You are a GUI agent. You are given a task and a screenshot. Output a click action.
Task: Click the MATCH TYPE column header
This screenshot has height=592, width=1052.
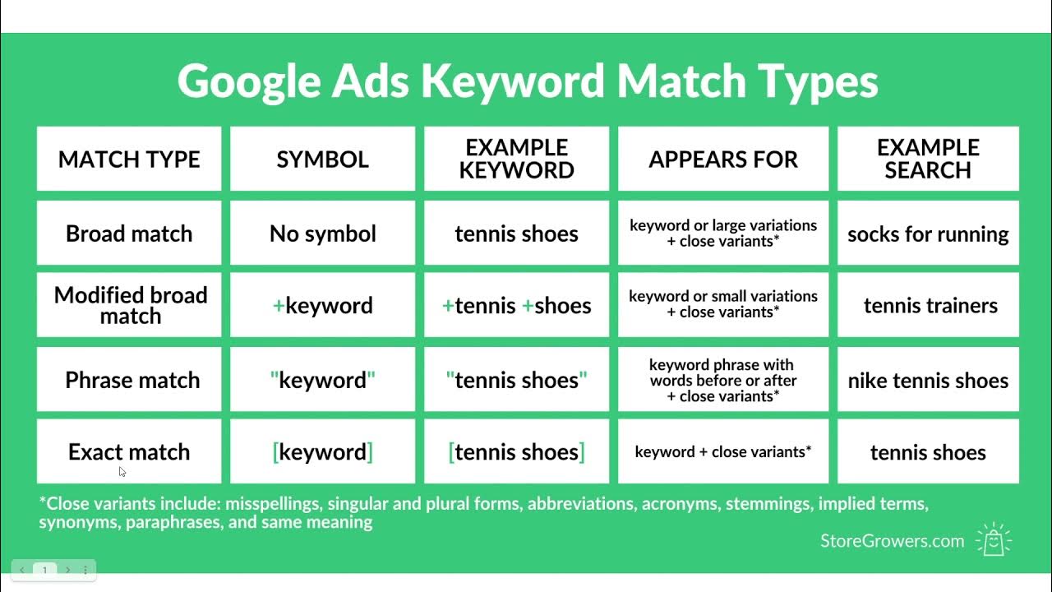pyautogui.click(x=129, y=159)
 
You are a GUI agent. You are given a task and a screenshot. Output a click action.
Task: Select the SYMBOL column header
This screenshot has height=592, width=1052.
pyautogui.click(x=322, y=159)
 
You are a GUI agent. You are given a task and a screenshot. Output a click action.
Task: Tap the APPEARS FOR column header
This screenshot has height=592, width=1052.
pyautogui.click(x=723, y=159)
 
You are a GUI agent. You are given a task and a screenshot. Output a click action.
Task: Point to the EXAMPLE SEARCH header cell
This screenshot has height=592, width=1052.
pyautogui.click(x=928, y=159)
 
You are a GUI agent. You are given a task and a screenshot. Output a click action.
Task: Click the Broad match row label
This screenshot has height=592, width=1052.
pyautogui.click(x=129, y=234)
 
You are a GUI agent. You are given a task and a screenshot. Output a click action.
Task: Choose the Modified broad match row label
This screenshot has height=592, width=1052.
pyautogui.click(x=130, y=305)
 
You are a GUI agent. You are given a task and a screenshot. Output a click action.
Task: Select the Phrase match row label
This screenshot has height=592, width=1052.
pyautogui.click(x=131, y=380)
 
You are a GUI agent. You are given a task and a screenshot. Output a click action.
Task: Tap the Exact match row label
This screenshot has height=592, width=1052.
pyautogui.click(x=129, y=451)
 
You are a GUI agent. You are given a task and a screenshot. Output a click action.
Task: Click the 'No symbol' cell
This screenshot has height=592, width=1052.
pyautogui.click(x=322, y=234)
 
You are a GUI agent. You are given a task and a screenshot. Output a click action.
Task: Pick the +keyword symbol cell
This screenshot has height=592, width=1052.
pyautogui.click(x=322, y=305)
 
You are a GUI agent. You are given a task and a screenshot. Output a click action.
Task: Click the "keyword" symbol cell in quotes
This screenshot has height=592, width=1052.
pyautogui.click(x=322, y=380)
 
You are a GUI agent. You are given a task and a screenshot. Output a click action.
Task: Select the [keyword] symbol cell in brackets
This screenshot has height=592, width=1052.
pyautogui.click(x=322, y=451)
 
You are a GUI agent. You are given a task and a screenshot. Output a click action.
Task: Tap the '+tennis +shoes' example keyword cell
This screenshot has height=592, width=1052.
pyautogui.click(x=516, y=305)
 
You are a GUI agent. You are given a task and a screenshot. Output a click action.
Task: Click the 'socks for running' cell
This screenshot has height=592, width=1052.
pyautogui.click(x=928, y=234)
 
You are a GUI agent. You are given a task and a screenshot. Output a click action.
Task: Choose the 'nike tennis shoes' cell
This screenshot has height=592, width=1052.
pyautogui.click(x=928, y=380)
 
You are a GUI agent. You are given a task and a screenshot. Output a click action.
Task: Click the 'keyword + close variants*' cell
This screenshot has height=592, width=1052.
pyautogui.click(x=723, y=451)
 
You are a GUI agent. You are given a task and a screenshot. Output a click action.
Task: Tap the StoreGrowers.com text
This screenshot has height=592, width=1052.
pyautogui.click(x=892, y=540)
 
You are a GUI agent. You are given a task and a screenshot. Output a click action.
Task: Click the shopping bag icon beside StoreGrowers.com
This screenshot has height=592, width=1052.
pyautogui.click(x=994, y=539)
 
